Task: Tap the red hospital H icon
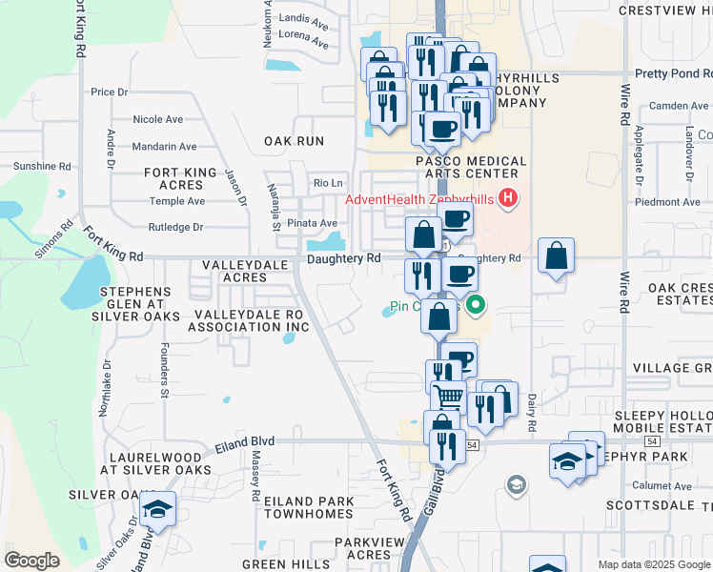[x=508, y=198]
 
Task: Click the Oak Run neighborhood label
[x=294, y=141]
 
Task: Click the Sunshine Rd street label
[x=42, y=166]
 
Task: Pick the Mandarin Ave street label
[x=164, y=147]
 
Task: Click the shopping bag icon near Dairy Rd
[x=556, y=256]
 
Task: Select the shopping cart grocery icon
[x=449, y=395]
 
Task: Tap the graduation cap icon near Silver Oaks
[x=158, y=509]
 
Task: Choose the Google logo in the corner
[x=31, y=561]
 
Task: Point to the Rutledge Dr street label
[x=176, y=228]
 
